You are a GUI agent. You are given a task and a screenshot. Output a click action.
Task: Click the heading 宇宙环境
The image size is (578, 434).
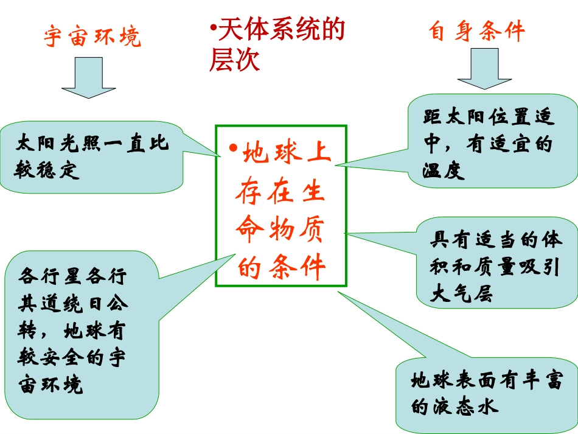[x=92, y=36]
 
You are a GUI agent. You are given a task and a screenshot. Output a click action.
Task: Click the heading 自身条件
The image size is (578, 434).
[x=476, y=30]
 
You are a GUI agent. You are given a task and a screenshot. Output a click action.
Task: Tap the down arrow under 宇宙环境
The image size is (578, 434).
[x=89, y=77]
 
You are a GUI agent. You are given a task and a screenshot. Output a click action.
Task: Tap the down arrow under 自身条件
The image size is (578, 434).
[x=484, y=69]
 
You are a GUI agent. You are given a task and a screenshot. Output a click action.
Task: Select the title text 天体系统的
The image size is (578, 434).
[x=281, y=29]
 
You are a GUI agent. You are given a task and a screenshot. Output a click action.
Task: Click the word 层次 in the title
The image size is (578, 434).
[x=235, y=60]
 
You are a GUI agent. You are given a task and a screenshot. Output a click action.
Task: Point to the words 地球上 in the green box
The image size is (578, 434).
[x=287, y=154]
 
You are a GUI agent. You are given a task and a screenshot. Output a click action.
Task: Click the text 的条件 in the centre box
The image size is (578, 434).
[x=281, y=267]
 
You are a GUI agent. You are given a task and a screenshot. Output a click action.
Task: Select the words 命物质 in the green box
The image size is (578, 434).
[x=280, y=229]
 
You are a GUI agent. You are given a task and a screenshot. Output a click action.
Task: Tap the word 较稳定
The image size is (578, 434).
[x=49, y=171]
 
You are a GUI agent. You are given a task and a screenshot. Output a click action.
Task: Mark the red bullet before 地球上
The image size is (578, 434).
[x=232, y=149]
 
